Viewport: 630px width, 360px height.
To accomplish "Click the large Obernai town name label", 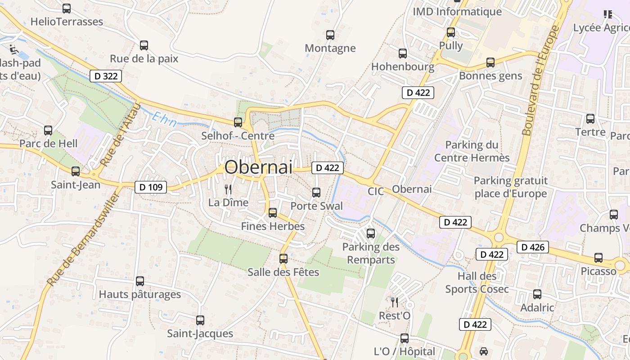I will [258, 167].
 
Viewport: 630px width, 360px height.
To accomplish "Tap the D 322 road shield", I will [106, 76].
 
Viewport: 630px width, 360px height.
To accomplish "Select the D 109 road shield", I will [151, 187].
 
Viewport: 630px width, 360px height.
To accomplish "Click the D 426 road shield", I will [533, 247].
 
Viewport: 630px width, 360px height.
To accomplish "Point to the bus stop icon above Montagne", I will [330, 35].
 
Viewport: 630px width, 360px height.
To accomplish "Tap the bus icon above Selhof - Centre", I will [238, 122].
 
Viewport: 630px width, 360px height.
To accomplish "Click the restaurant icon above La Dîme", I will [228, 189].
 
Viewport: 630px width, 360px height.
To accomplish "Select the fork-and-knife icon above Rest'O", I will [395, 302].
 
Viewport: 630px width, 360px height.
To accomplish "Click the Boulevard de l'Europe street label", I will [540, 80].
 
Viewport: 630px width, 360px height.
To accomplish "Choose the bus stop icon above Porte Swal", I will [316, 193].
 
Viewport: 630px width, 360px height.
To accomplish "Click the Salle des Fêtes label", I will [283, 272].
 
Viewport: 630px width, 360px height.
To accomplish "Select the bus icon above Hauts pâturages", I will [140, 281].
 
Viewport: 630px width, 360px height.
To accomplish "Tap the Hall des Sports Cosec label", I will [477, 283].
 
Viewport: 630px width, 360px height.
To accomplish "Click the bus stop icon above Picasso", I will [598, 258].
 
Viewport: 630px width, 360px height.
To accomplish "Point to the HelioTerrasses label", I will [67, 22].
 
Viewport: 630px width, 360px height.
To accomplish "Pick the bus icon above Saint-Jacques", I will [200, 320].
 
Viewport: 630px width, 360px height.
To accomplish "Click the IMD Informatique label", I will [457, 12].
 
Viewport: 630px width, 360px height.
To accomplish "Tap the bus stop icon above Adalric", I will [537, 294].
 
